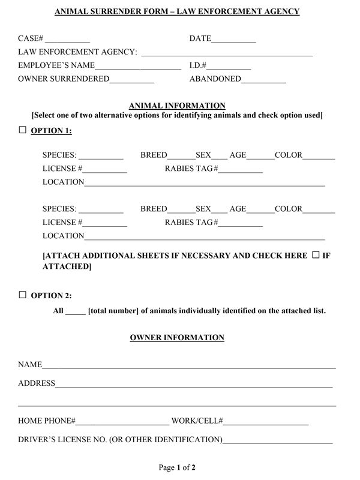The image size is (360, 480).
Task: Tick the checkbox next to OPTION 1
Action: click(23, 130)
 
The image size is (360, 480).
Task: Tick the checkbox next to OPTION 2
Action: click(23, 295)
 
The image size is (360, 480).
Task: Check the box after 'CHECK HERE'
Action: click(316, 255)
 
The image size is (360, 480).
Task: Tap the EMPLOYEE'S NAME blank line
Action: click(138, 68)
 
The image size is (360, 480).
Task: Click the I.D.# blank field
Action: click(230, 68)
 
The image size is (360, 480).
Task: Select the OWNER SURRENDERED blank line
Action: click(132, 81)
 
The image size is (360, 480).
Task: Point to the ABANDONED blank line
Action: click(263, 81)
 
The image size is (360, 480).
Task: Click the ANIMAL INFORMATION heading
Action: click(178, 106)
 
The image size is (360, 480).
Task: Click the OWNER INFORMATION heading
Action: click(177, 338)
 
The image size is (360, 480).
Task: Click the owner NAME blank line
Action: click(189, 367)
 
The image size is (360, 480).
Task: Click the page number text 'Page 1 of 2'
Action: click(177, 467)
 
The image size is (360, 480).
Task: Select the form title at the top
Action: click(177, 11)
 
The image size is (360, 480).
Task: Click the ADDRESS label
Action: click(37, 383)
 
